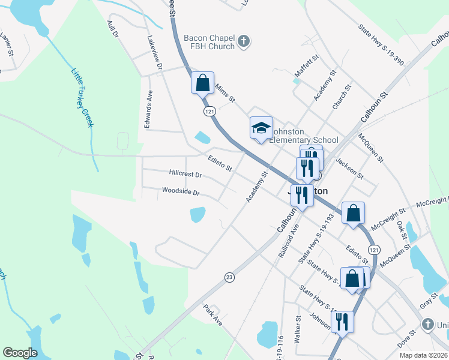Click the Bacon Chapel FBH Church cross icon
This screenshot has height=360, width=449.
click(244, 41)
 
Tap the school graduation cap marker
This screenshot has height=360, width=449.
click(261, 128)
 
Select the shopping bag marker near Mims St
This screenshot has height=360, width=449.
click(203, 83)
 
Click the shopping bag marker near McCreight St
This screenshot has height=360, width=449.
click(354, 212)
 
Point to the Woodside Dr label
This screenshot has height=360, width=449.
click(180, 193)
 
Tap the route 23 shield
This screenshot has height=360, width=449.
click(229, 277)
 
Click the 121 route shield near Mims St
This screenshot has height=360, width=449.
click(209, 112)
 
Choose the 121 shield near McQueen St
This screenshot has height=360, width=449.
click(375, 249)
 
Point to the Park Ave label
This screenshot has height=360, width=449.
click(212, 315)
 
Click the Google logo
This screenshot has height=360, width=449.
click(20, 353)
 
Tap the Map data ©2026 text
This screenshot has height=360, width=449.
click(423, 355)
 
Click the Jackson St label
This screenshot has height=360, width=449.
click(349, 168)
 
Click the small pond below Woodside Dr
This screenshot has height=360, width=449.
click(197, 214)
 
